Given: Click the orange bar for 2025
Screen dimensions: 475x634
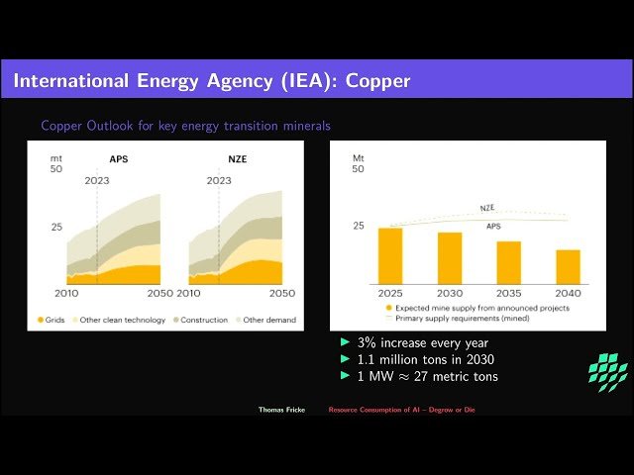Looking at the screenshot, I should coord(390,256).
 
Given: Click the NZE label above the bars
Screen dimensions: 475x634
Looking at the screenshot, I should coord(487,208).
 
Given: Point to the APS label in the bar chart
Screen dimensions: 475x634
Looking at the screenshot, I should coord(493,227).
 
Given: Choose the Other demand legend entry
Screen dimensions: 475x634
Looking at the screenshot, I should coord(262,321).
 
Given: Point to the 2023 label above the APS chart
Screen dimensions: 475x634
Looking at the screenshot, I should coord(97,181).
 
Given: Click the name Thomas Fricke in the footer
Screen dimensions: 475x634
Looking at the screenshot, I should coord(281,409).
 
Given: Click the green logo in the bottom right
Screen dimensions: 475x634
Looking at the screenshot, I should coord(607,371).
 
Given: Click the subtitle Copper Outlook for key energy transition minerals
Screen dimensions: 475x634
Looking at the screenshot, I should coord(185,126).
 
